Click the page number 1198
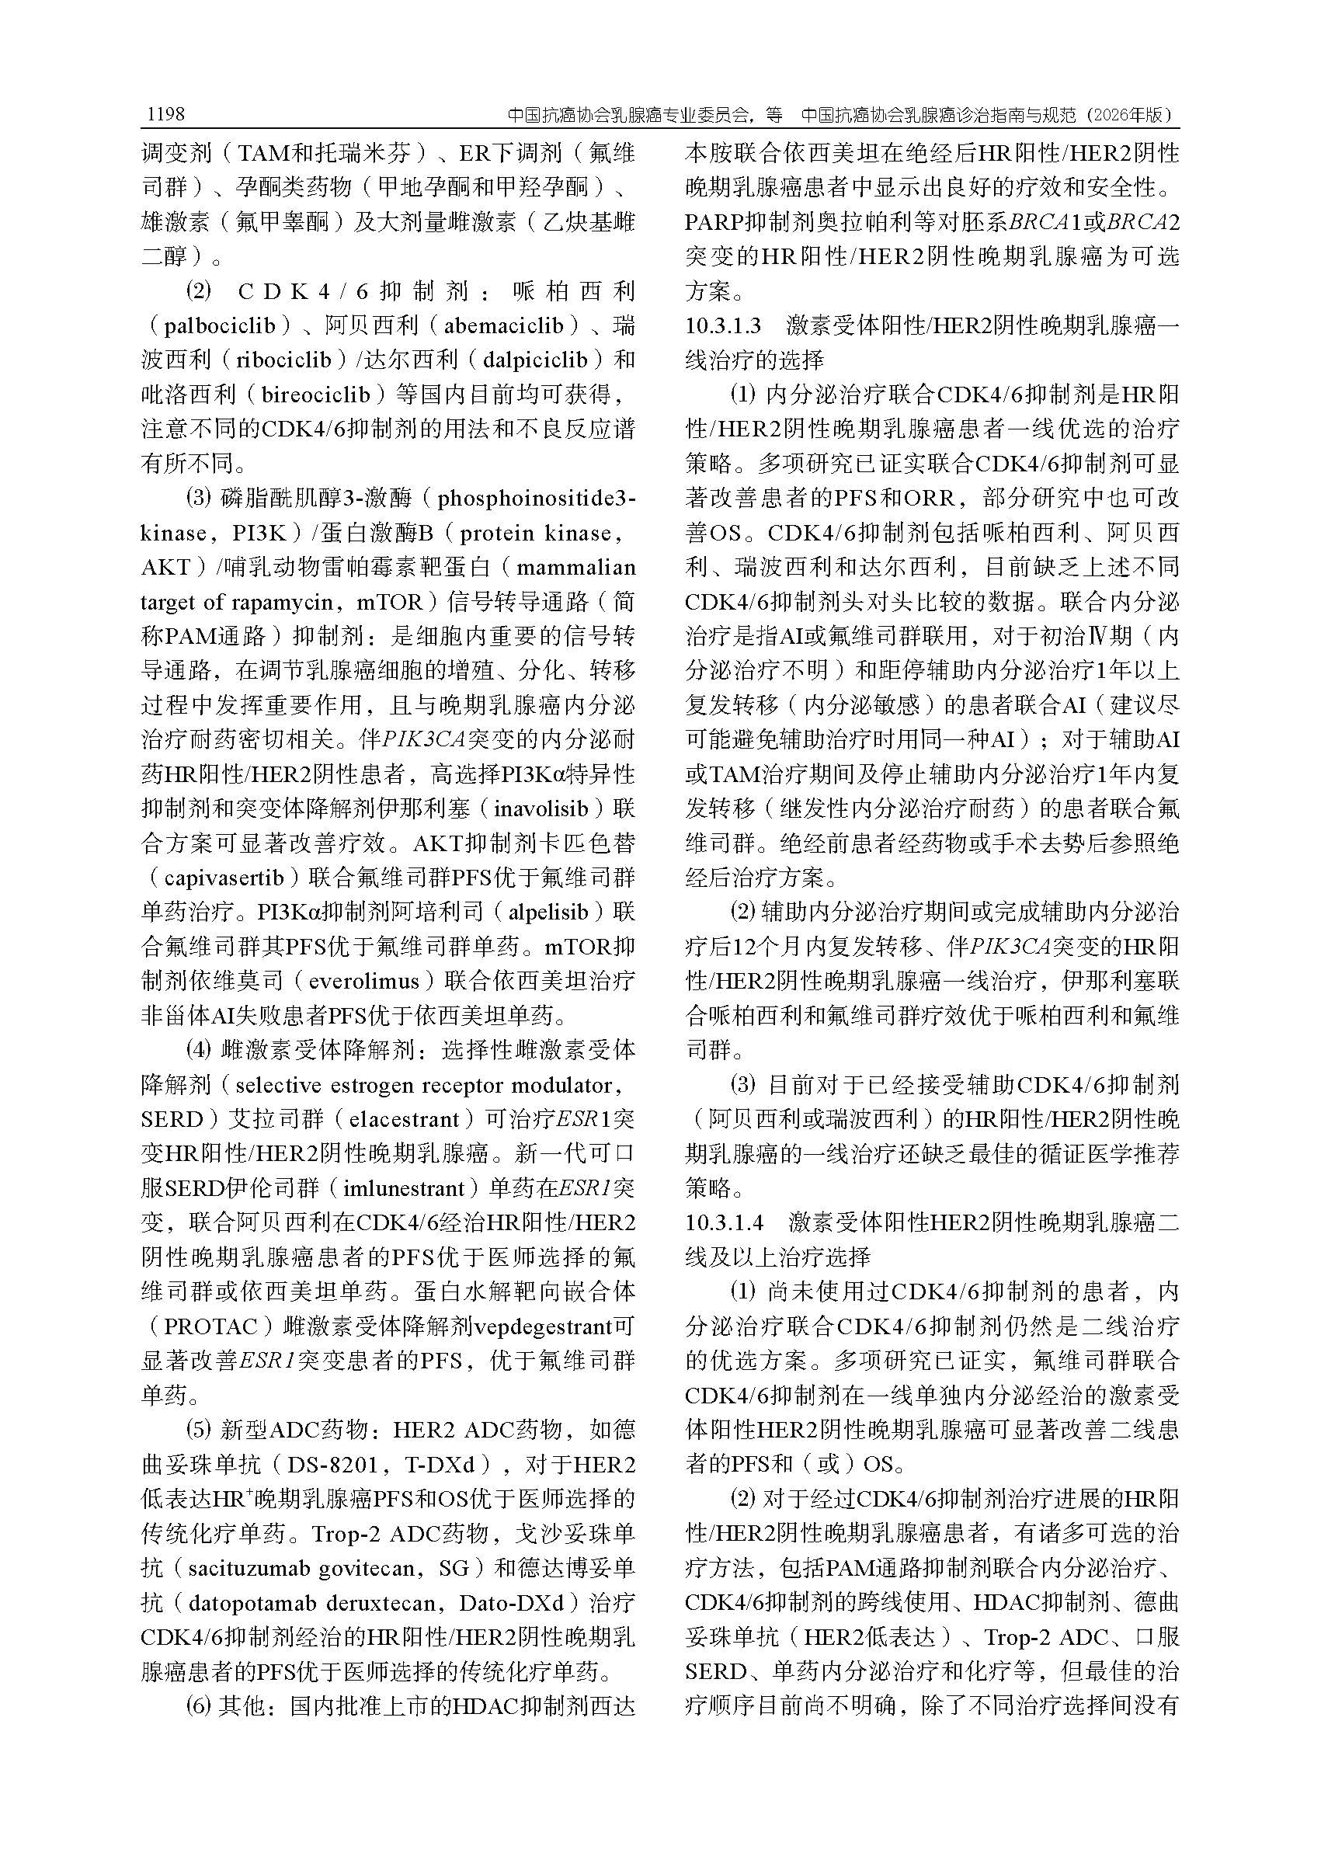(166, 115)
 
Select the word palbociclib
(221, 326)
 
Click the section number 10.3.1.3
(723, 326)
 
